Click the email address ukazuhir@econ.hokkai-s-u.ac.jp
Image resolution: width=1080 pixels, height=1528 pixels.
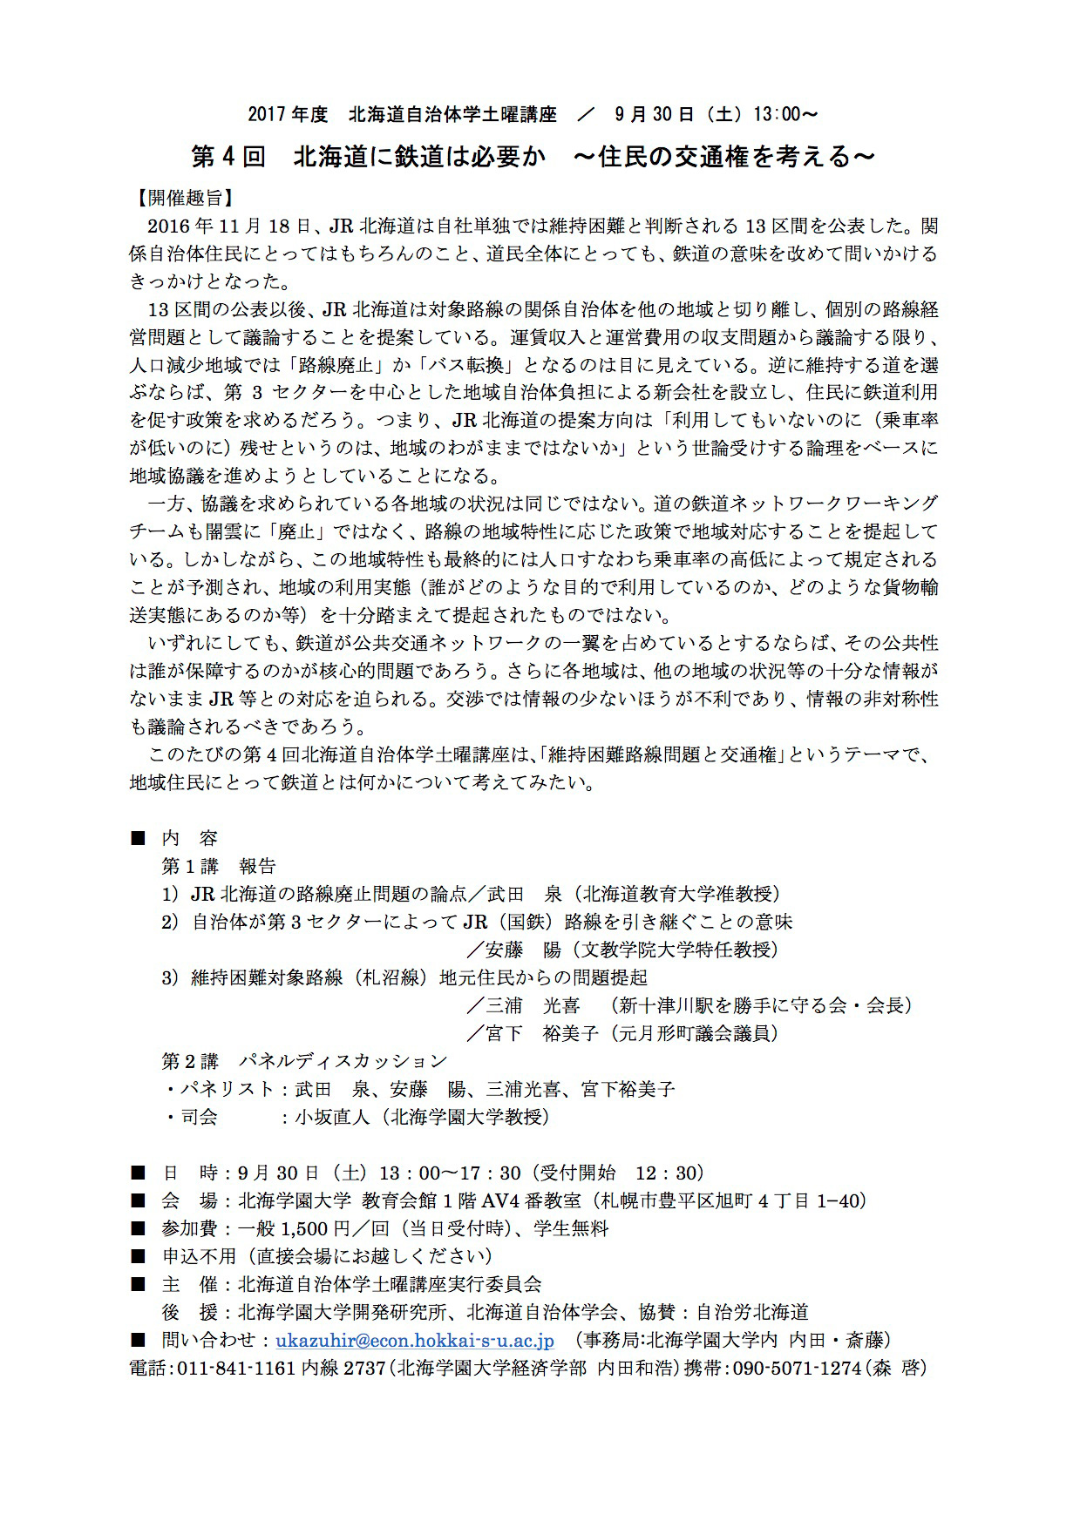(x=415, y=1340)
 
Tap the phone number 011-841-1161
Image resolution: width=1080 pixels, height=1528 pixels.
(x=237, y=1368)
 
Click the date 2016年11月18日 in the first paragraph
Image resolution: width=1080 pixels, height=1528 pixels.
(x=229, y=226)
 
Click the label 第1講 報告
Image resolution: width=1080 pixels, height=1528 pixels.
(x=219, y=866)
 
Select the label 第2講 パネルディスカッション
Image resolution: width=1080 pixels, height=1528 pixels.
(x=304, y=1061)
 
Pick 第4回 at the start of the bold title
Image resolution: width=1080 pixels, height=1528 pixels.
(x=228, y=157)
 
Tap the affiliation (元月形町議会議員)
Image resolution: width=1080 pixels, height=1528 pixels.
(x=694, y=1033)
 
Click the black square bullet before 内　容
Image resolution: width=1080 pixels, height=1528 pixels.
(x=137, y=838)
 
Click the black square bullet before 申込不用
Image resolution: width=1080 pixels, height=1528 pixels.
(x=137, y=1256)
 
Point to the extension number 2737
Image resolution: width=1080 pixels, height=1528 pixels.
(x=364, y=1368)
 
